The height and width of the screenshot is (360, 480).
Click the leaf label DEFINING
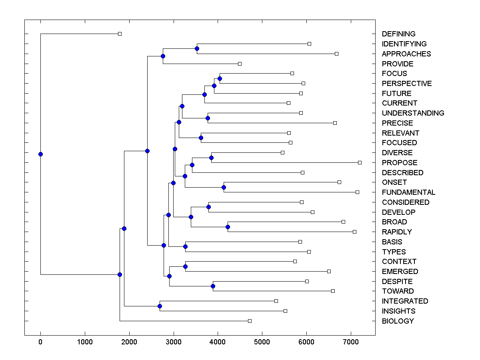tap(398, 34)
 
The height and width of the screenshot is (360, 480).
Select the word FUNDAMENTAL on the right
tap(408, 192)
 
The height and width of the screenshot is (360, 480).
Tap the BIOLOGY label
tap(398, 321)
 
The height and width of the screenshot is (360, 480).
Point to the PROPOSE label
tap(399, 163)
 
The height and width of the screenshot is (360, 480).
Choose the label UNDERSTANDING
tap(413, 113)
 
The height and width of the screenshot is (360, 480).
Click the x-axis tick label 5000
tap(262, 342)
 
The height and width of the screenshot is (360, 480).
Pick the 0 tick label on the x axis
tap(40, 342)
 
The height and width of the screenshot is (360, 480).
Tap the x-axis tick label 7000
tap(351, 342)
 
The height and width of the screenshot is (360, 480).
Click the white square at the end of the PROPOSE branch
tap(360, 162)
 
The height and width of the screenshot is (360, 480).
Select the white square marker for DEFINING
tap(120, 34)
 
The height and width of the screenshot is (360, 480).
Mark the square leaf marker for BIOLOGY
tap(250, 321)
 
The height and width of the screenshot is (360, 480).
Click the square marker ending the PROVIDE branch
tap(240, 64)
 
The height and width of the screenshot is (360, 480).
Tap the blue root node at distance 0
tap(40, 154)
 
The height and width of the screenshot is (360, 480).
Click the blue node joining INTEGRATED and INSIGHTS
tap(160, 306)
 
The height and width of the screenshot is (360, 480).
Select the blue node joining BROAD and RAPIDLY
tap(228, 227)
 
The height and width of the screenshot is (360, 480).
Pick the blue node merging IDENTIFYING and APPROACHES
tap(197, 49)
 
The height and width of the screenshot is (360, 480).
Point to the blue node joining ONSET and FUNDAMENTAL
tap(224, 187)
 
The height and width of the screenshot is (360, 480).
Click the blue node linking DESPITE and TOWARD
tap(213, 286)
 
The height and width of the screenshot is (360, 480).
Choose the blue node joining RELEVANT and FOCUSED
tap(201, 138)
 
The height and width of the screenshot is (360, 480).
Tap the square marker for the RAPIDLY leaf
tap(354, 232)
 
